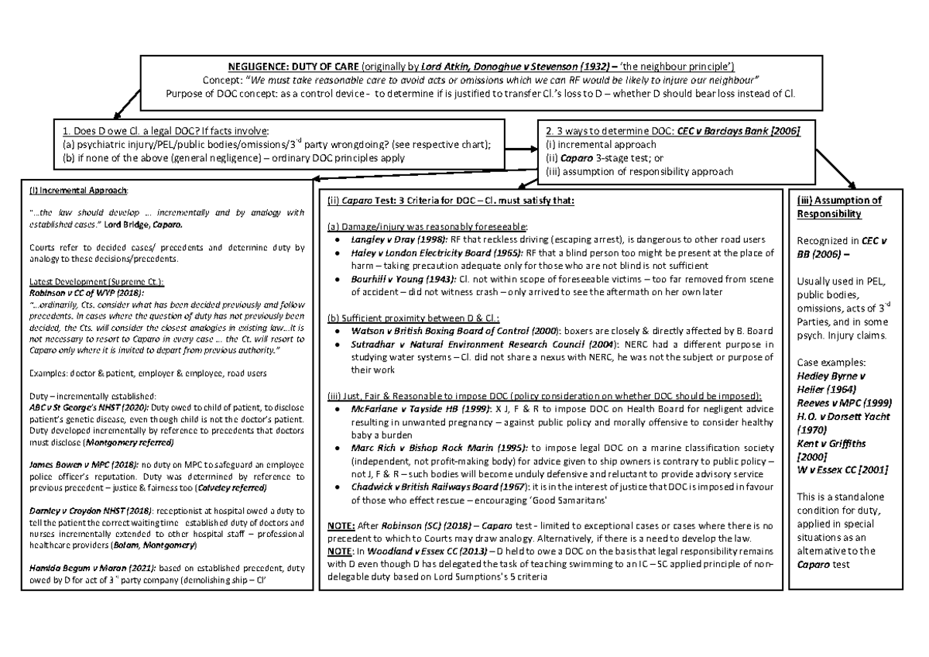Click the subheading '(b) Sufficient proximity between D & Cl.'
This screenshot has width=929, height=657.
pos(414,316)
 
